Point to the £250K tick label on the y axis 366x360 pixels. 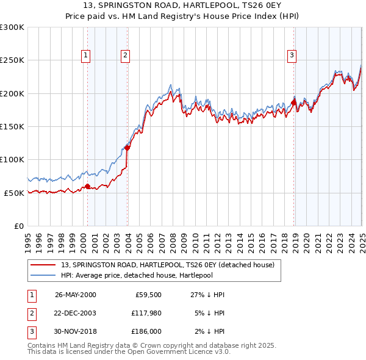[x=12, y=60]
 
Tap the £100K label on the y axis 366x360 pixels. [x=12, y=159]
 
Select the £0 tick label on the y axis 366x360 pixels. [x=18, y=226]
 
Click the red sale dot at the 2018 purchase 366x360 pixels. [x=293, y=103]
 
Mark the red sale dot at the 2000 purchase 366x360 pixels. [x=87, y=186]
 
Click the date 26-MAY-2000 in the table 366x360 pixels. [x=76, y=295]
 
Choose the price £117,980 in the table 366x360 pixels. [x=146, y=313]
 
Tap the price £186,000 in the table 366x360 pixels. [x=146, y=331]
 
